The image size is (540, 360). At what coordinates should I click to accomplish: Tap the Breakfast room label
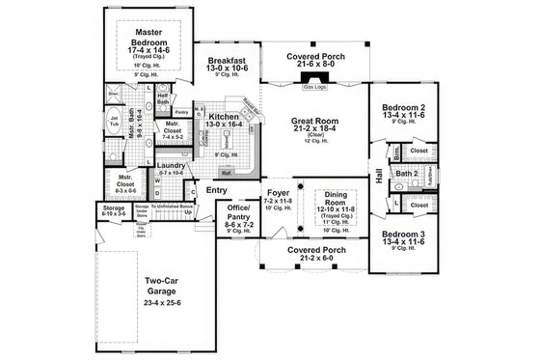point(229,60)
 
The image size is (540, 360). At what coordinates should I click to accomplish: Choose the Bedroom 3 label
point(403,235)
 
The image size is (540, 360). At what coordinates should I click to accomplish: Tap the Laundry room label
point(173,165)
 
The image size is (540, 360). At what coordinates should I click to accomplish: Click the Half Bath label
point(163,96)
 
